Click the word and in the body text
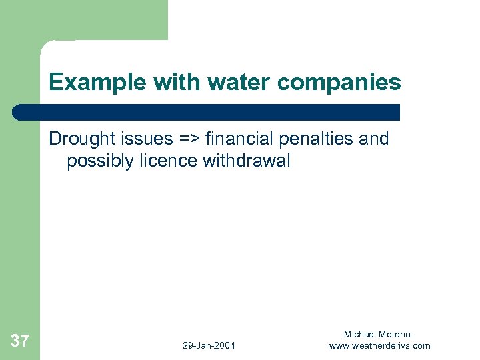pos(373,139)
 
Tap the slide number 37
pos(20,341)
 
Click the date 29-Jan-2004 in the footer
pos(209,345)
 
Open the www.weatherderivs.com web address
pos(380,345)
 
